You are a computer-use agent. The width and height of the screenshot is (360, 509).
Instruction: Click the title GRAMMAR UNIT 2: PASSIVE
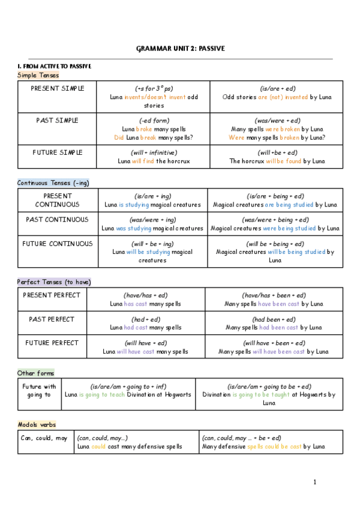[x=181, y=48]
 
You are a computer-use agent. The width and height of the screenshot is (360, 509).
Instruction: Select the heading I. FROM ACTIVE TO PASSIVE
[x=54, y=66]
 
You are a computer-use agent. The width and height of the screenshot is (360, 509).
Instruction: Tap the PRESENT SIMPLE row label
[x=58, y=88]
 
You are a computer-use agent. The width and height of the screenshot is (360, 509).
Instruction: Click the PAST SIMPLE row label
[x=58, y=121]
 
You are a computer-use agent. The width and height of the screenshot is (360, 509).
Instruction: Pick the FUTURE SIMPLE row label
[x=58, y=152]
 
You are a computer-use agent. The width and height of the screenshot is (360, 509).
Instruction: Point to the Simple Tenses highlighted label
[x=38, y=75]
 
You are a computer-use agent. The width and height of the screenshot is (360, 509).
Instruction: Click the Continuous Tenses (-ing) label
[x=53, y=182]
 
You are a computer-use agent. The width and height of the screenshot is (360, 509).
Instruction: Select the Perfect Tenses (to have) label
[x=54, y=282]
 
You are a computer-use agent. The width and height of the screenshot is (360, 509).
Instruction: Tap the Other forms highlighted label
[x=35, y=373]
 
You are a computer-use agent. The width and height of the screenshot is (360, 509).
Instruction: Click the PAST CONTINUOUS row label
[x=58, y=220]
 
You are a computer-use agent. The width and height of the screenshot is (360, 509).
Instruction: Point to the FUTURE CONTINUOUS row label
[x=58, y=244]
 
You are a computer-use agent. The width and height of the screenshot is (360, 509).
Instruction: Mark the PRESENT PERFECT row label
[x=51, y=295]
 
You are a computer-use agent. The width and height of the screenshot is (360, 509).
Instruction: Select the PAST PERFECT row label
[x=51, y=319]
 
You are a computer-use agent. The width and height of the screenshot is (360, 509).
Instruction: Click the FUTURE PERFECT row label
[x=51, y=343]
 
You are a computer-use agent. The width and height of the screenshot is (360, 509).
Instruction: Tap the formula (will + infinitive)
[x=154, y=152]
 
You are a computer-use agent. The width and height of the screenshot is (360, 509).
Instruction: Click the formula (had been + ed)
[x=274, y=319]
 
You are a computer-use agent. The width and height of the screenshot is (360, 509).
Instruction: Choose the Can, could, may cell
[x=44, y=438]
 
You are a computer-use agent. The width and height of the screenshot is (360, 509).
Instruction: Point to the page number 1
[x=314, y=482]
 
